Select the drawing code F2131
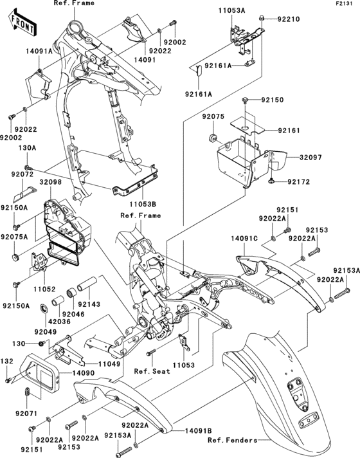344,5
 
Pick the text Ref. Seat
150,371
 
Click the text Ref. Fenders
231,441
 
